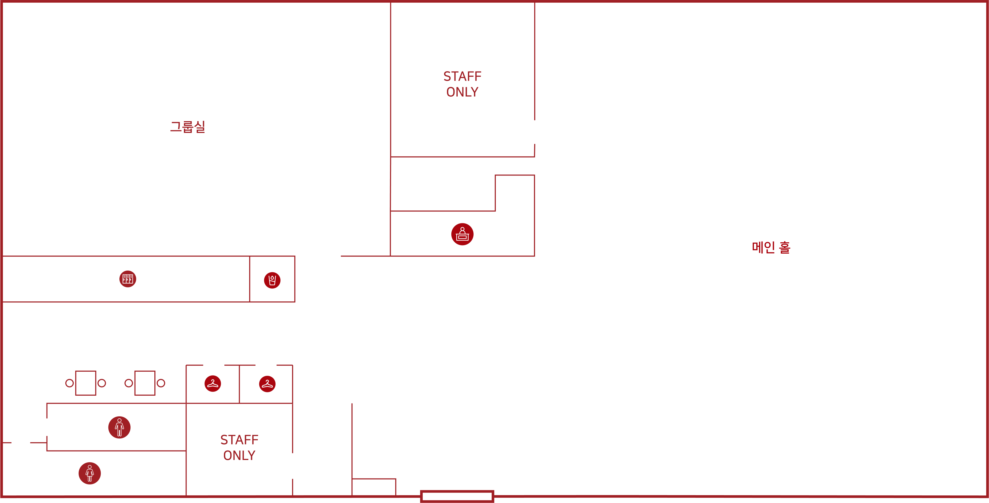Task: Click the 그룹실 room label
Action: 188,127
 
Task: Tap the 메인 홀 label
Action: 771,247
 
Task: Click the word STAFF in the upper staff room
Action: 462,77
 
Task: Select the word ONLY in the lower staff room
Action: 239,455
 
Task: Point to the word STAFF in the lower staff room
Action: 239,440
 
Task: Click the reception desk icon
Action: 462,234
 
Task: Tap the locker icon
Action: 128,279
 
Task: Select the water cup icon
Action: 272,280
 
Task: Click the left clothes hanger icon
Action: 213,384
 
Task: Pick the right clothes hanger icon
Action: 267,384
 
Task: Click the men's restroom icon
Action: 119,427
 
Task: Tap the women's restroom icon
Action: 90,473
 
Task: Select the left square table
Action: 86,383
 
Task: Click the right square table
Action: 145,383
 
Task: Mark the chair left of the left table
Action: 69,383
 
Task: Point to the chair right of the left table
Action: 102,383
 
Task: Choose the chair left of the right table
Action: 129,383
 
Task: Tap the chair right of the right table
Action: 161,383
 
